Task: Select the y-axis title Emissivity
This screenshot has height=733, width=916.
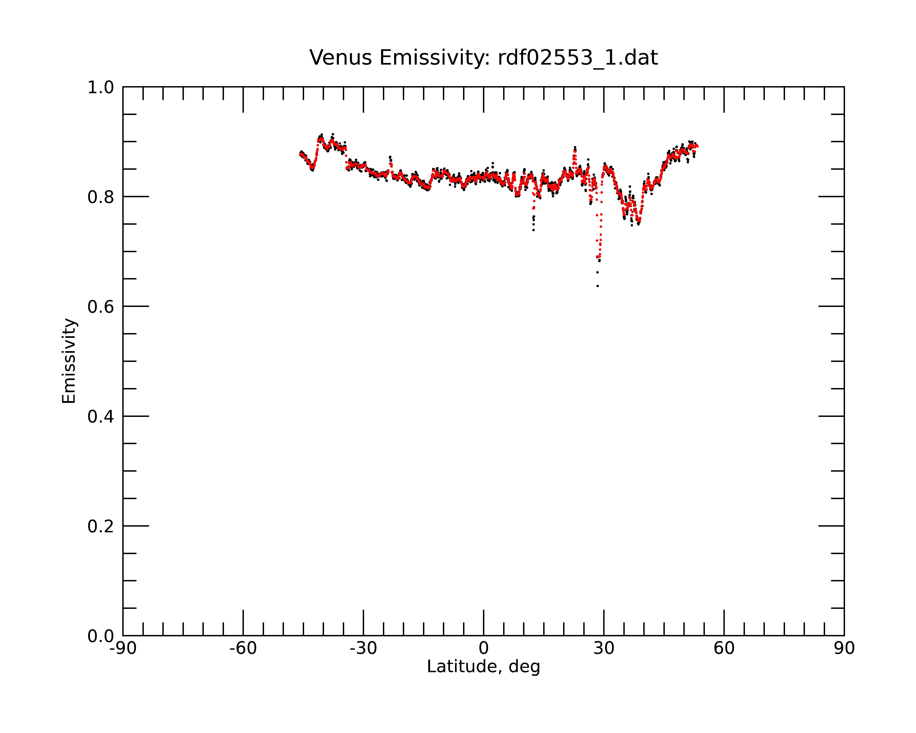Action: pos(69,361)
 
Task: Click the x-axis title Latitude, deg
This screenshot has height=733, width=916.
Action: pos(483,666)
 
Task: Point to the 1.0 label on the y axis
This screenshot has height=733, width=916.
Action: pos(101,88)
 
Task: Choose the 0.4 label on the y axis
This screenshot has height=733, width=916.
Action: pos(101,417)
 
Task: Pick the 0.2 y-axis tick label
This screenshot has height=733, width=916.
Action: pos(101,526)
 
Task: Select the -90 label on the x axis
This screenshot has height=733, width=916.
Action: pos(123,648)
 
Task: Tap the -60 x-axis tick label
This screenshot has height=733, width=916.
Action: pos(243,648)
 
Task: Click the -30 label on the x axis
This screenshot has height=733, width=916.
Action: pos(363,648)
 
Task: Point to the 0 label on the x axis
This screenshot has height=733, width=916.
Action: pos(483,648)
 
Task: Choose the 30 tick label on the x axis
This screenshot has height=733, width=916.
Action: pos(604,648)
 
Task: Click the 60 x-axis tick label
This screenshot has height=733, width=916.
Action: pos(724,648)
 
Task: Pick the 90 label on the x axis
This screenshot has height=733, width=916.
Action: pos(844,648)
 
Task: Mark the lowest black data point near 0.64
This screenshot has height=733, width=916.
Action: pos(597,286)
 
